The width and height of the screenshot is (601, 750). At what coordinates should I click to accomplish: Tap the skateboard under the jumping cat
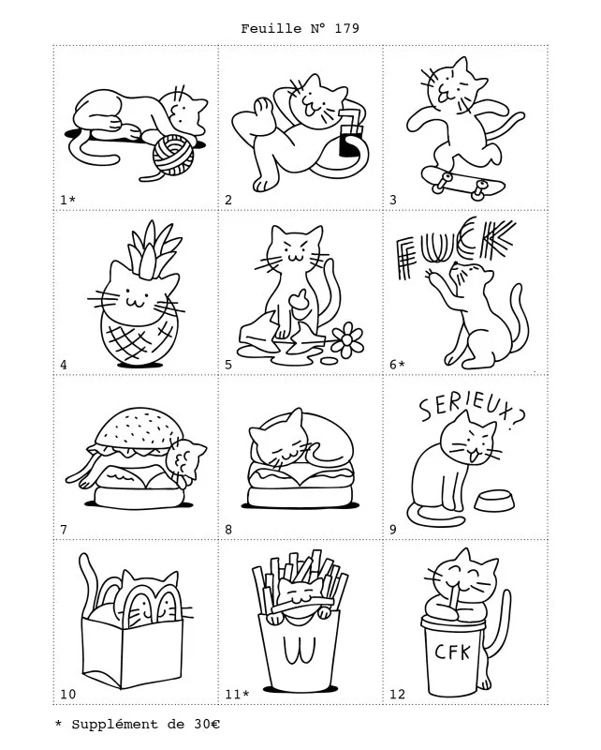click(463, 181)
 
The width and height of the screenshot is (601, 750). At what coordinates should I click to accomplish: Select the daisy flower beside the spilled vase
click(347, 339)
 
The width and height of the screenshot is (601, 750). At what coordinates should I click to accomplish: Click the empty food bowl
click(494, 501)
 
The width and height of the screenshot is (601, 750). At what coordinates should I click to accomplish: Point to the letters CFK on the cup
click(452, 651)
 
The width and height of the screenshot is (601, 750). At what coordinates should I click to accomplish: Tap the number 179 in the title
click(347, 29)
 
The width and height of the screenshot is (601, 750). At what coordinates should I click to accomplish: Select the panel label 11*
click(237, 694)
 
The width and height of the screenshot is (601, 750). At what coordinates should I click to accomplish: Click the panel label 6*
click(397, 365)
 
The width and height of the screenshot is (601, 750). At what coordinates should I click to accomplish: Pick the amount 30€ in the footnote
click(207, 724)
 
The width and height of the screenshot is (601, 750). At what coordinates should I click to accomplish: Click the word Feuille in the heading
click(271, 29)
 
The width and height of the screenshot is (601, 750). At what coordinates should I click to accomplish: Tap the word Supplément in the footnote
click(114, 725)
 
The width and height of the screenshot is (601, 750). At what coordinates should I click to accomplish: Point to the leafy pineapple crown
click(153, 247)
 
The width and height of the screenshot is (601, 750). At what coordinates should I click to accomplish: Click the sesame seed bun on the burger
click(139, 427)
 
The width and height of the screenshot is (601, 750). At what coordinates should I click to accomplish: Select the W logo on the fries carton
click(299, 650)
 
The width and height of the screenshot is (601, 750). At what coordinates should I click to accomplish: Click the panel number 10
click(67, 694)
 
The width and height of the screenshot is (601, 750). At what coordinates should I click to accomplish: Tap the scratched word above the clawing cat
click(456, 247)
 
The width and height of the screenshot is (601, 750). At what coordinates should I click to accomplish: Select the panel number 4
click(64, 365)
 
